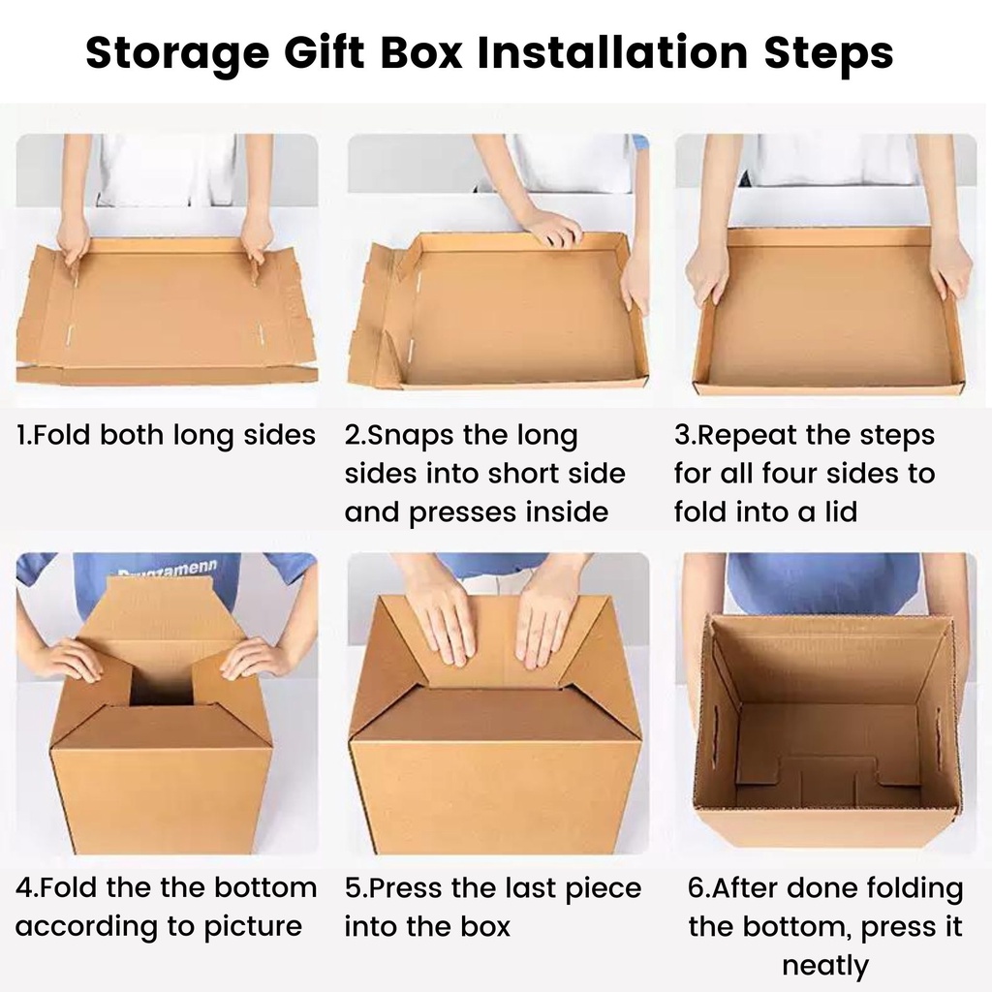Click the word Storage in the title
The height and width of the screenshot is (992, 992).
(x=178, y=53)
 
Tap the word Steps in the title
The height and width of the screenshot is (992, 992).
(x=829, y=53)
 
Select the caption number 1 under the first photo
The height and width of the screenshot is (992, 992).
(x=22, y=435)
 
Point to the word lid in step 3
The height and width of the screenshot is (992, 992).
(x=841, y=511)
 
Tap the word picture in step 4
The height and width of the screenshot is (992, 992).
(x=253, y=927)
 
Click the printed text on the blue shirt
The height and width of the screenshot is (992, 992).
(x=169, y=568)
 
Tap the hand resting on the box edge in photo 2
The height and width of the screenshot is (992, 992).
(x=555, y=228)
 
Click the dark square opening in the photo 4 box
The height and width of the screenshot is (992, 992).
(x=162, y=684)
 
